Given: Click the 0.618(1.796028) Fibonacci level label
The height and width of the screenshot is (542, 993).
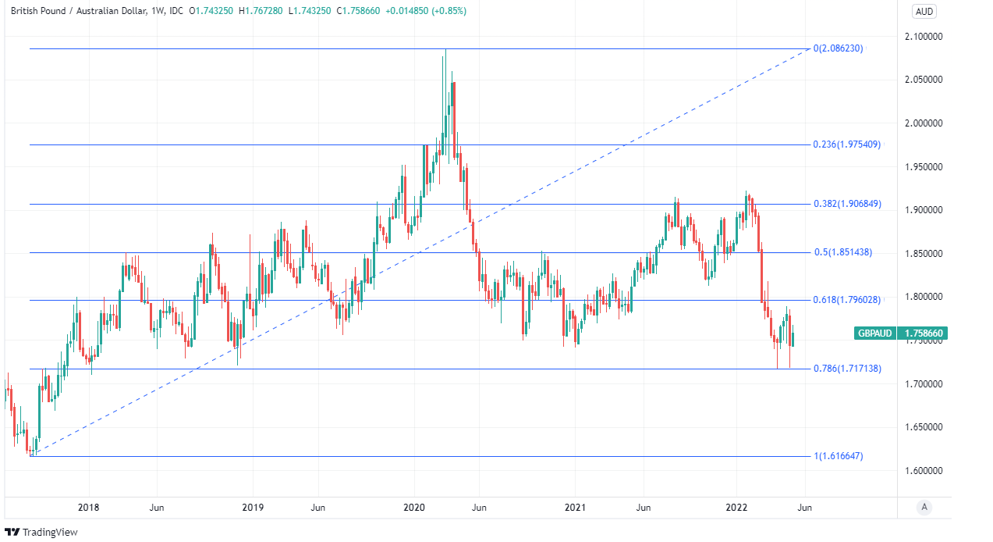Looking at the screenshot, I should coord(847,300).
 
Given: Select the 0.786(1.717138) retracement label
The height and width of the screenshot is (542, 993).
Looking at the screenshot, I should coord(847,369).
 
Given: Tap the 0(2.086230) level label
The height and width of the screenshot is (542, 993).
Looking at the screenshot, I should coord(838,48).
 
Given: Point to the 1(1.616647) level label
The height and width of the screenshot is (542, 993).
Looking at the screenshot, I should coord(838,456).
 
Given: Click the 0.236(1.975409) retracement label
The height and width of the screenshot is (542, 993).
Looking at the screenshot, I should coord(847,144).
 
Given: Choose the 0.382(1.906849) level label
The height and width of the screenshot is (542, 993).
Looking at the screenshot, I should coord(847,204).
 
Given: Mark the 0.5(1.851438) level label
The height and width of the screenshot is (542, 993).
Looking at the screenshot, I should coord(842,252).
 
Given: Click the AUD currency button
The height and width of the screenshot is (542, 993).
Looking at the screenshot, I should coord(924,11).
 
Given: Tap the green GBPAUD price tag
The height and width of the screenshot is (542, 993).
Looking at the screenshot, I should coord(901,333).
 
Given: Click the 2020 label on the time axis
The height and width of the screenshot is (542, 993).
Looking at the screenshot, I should coord(414,508).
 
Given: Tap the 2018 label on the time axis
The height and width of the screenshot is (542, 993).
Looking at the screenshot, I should coord(89,508).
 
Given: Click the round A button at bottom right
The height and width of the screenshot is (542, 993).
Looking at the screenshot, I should coord(924,508).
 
